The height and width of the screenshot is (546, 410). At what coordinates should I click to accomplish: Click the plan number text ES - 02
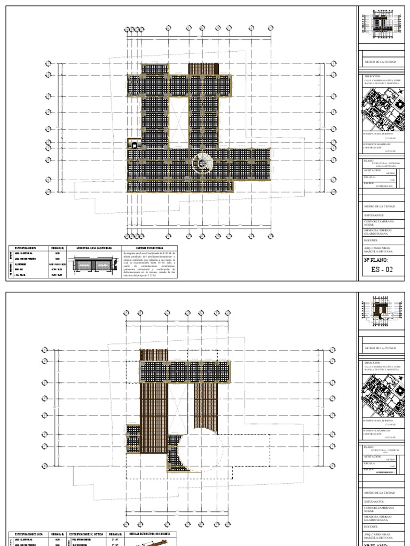point(381,269)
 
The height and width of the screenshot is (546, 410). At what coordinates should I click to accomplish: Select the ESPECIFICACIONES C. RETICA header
point(86,533)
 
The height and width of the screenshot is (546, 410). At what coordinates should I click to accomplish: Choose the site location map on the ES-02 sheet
point(381,106)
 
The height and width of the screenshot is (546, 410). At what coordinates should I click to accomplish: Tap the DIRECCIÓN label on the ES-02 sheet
point(372,76)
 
